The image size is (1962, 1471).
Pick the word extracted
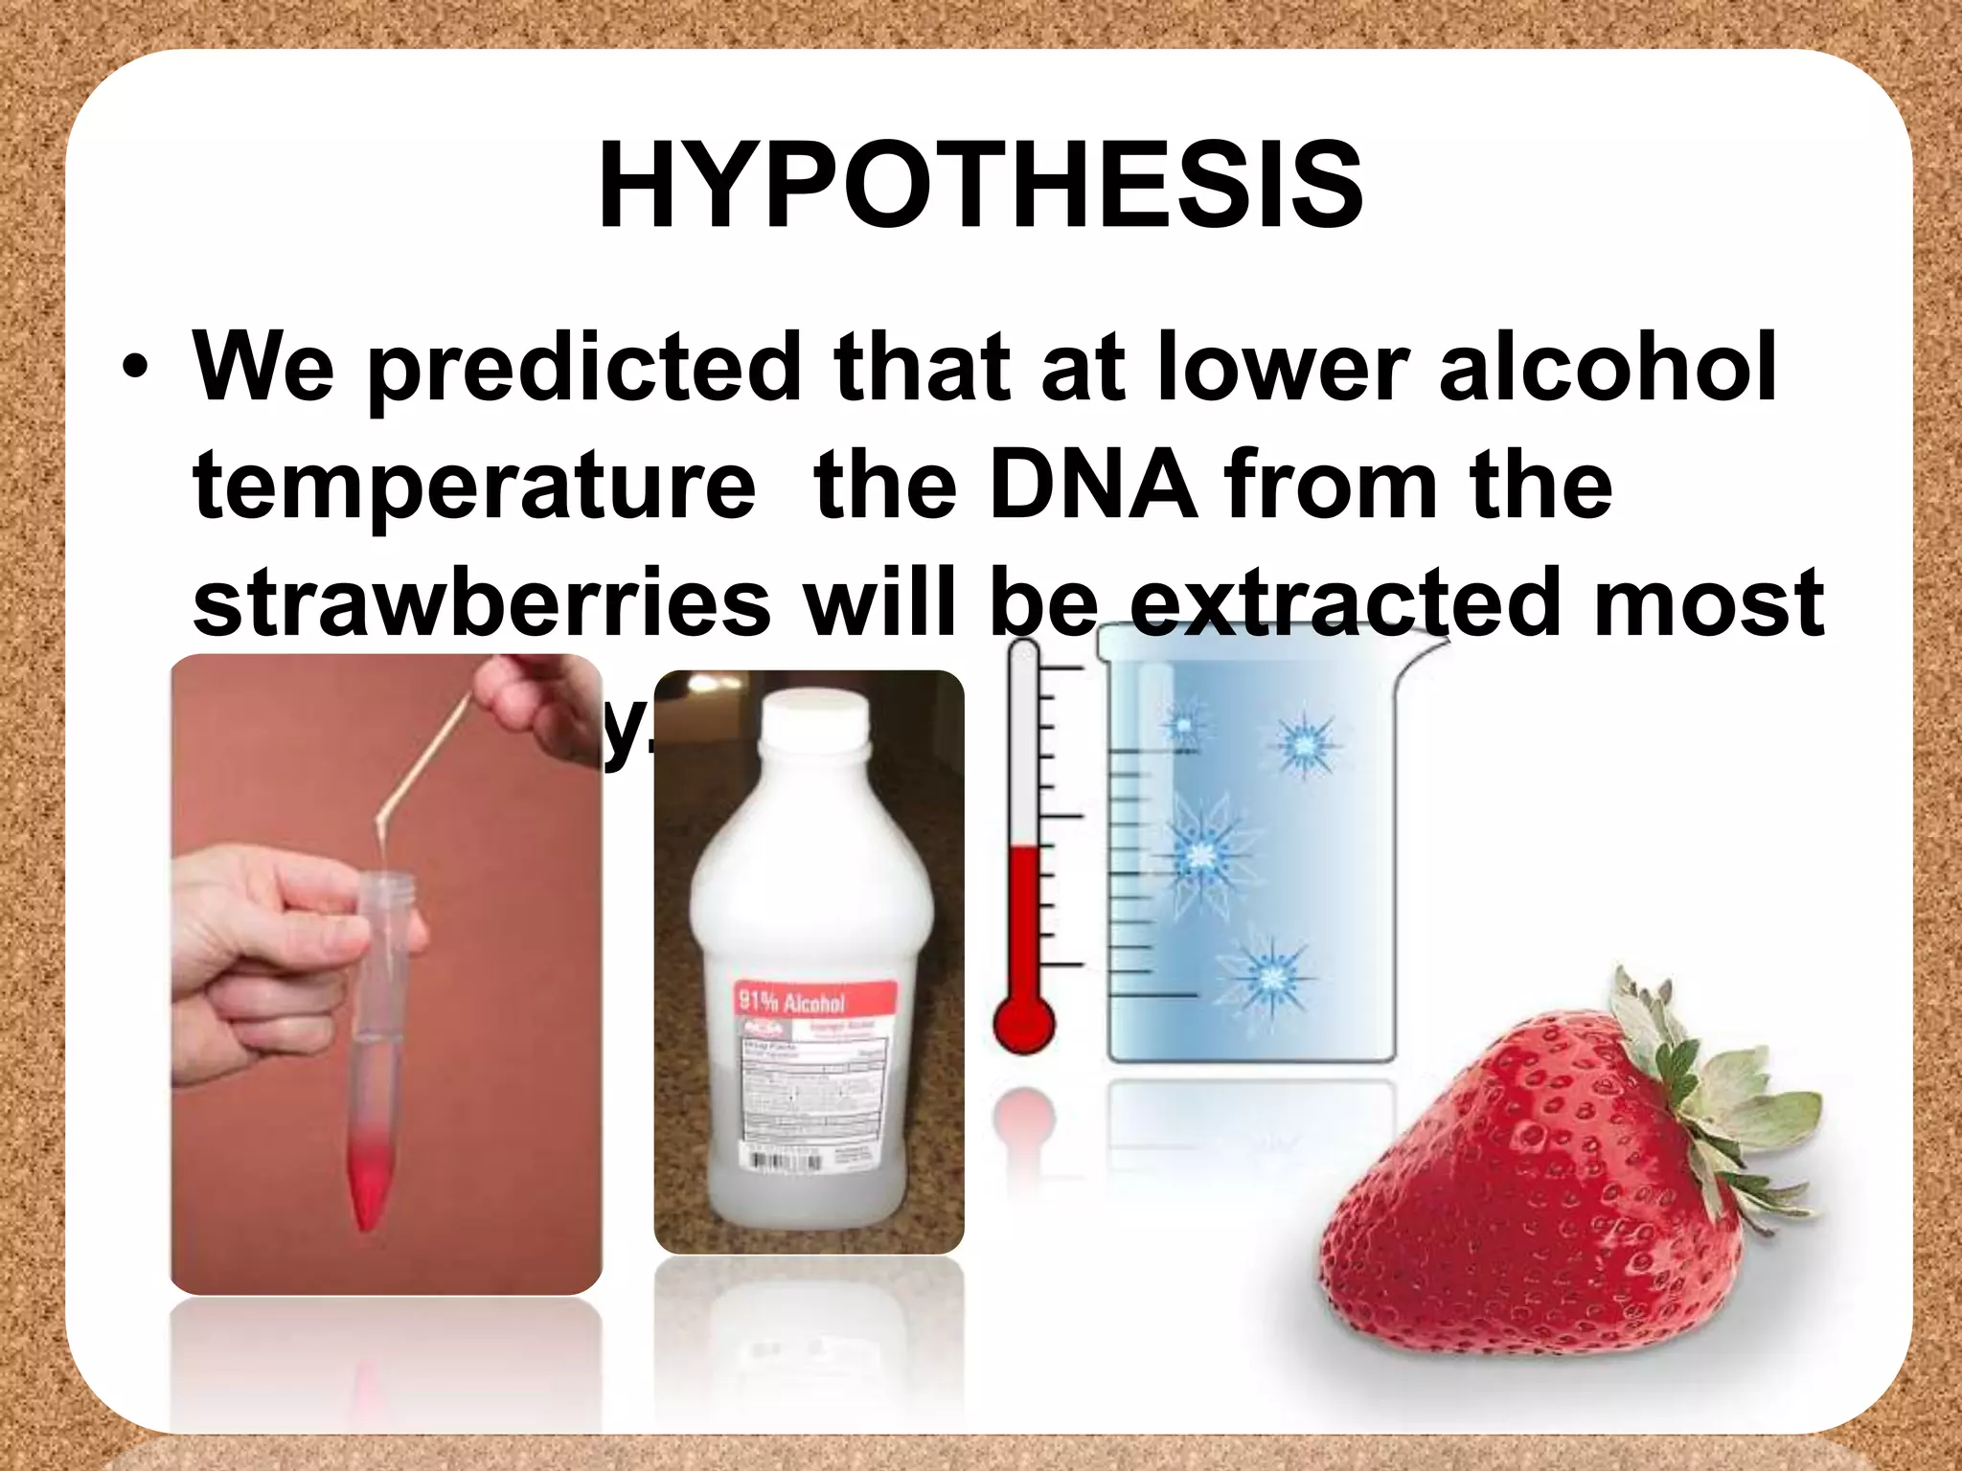1336,601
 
